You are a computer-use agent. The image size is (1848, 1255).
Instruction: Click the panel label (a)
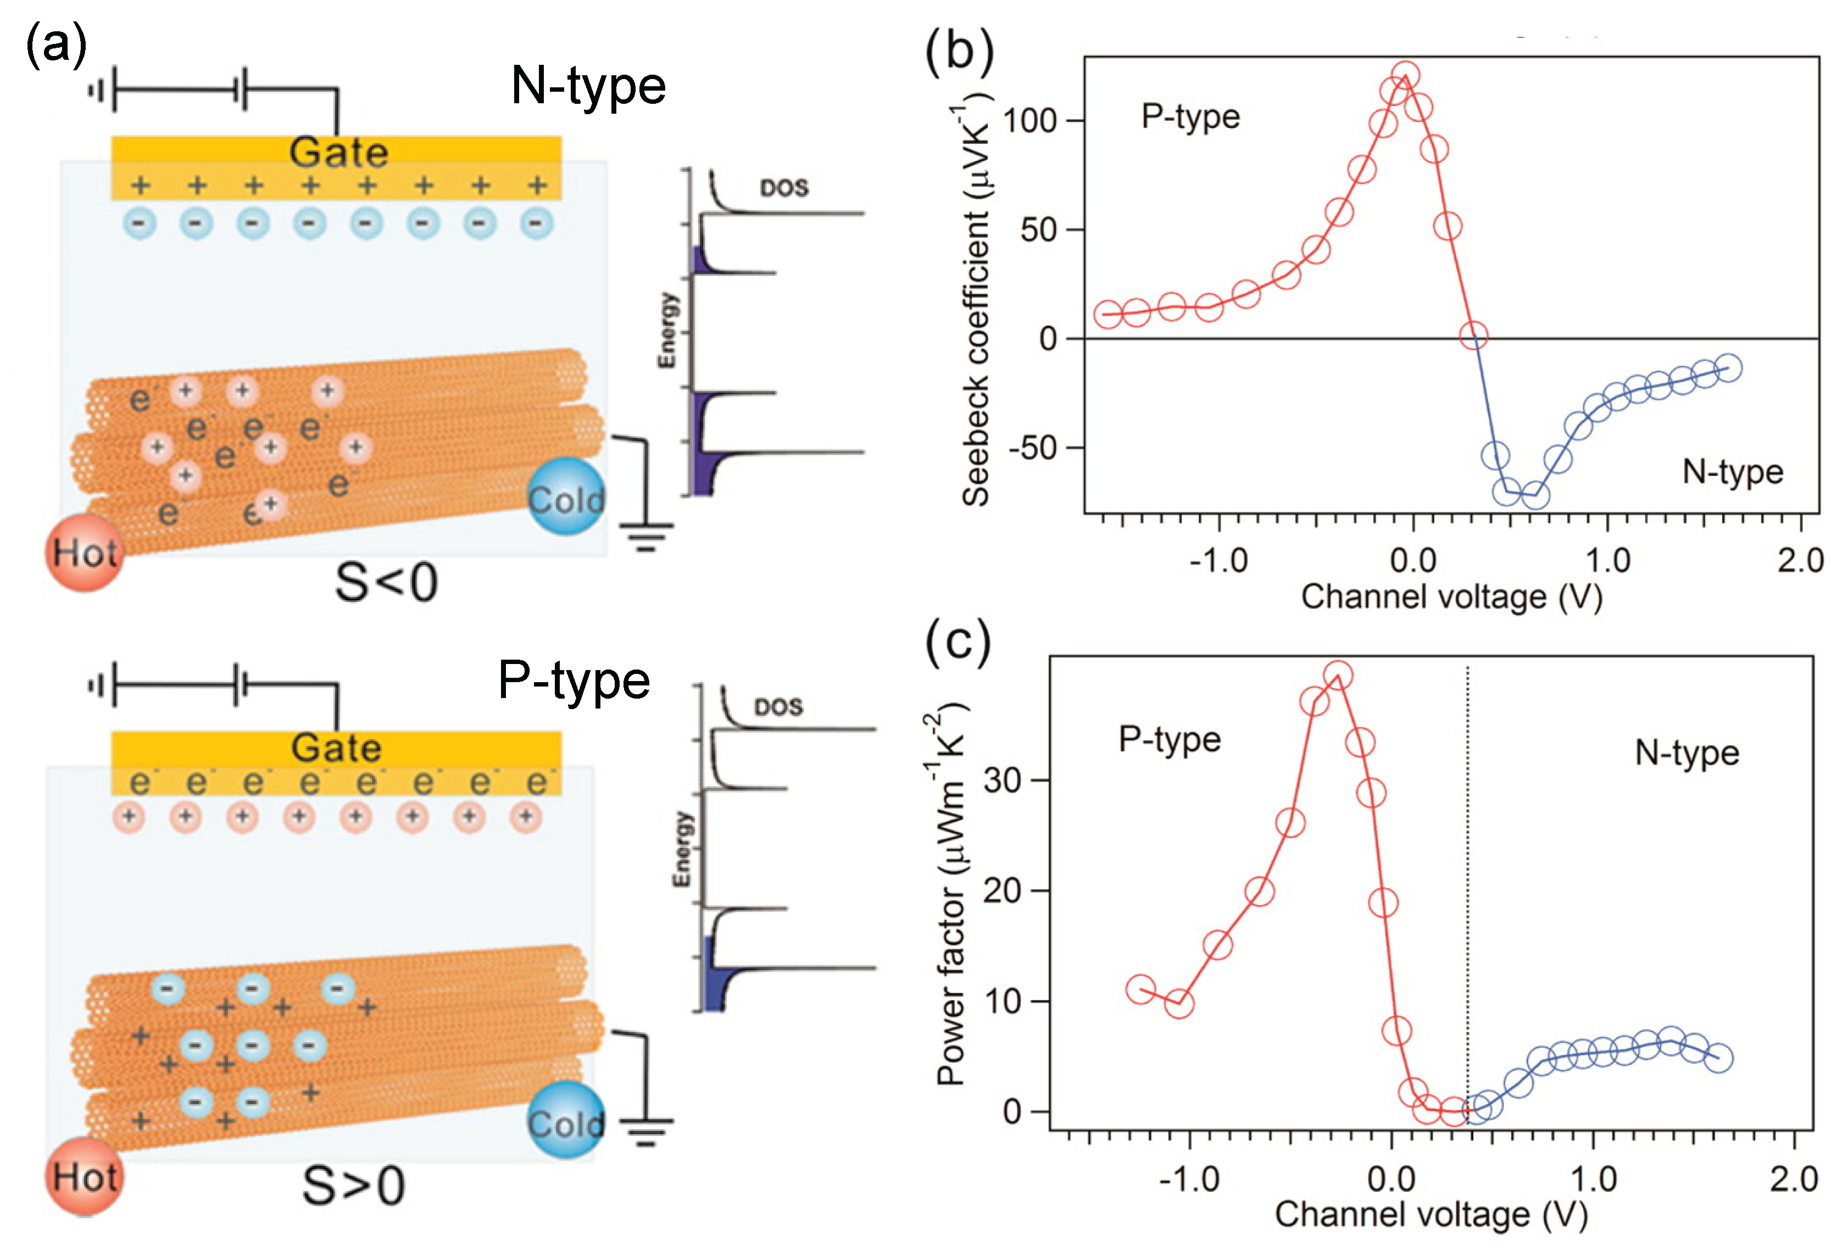click(x=55, y=45)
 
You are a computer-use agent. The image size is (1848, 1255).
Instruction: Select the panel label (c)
click(x=958, y=643)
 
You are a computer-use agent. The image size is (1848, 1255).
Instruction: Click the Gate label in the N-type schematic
click(x=339, y=152)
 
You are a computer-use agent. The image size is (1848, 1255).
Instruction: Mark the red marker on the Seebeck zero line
click(x=1473, y=336)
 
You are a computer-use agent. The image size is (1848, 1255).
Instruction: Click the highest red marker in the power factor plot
click(x=1338, y=676)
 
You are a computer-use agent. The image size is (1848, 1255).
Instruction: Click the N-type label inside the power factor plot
click(x=1686, y=752)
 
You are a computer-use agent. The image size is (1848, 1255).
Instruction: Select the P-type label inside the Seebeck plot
click(x=1190, y=117)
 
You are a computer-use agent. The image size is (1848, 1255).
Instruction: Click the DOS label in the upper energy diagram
click(x=784, y=188)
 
